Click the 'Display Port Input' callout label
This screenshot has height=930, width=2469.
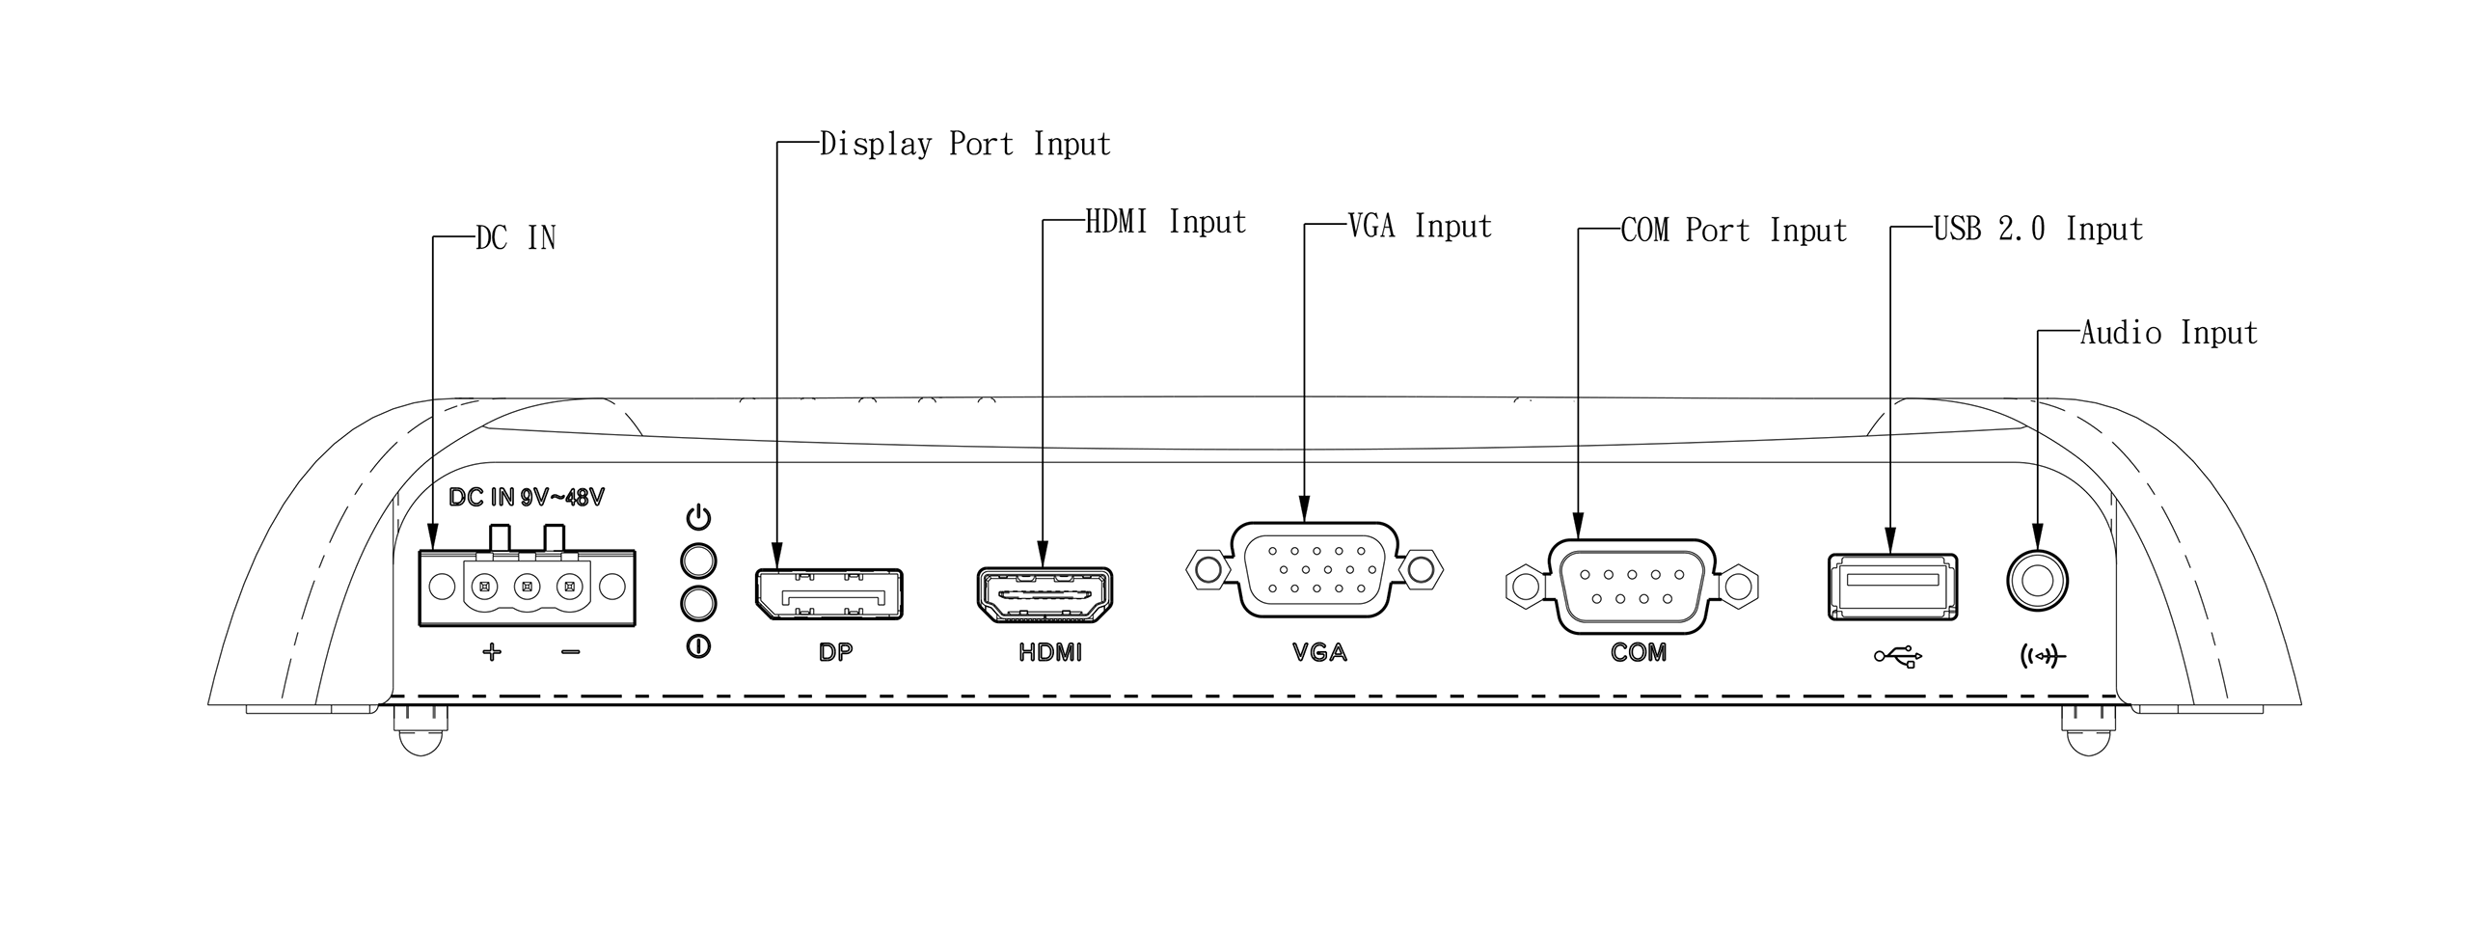(x=964, y=145)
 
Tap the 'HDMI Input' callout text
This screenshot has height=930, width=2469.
(x=1165, y=223)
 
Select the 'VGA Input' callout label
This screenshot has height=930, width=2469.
(x=1419, y=227)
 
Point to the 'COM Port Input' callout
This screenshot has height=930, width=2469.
(x=1733, y=232)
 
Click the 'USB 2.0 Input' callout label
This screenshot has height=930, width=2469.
(x=2038, y=230)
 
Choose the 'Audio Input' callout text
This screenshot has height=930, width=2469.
(x=2168, y=334)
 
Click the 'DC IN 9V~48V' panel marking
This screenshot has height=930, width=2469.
(x=527, y=498)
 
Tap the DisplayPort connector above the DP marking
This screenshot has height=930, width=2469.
(x=828, y=593)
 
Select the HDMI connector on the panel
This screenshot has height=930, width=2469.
(x=1045, y=595)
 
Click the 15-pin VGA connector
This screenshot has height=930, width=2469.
(x=1314, y=569)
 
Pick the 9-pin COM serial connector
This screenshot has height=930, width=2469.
(x=1631, y=586)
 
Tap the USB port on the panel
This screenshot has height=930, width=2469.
(x=1892, y=586)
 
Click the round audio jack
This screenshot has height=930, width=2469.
(x=2037, y=582)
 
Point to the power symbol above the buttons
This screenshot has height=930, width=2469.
(x=698, y=518)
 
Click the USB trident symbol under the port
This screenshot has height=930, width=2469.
(x=1898, y=657)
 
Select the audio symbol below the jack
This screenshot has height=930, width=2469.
(x=2042, y=657)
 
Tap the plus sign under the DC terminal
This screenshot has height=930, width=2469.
(x=492, y=653)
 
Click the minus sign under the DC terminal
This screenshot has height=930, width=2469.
(x=570, y=653)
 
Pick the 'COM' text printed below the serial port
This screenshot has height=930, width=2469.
(x=1638, y=653)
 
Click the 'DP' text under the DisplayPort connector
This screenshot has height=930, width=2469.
(x=835, y=653)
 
